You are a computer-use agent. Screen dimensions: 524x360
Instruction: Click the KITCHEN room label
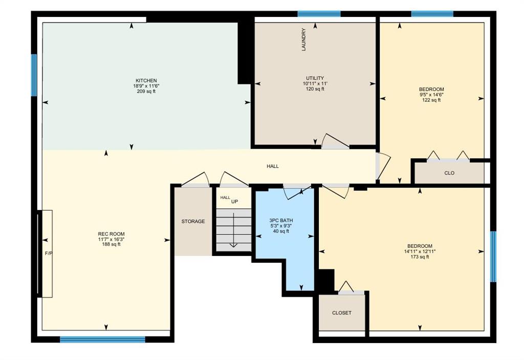click(146, 80)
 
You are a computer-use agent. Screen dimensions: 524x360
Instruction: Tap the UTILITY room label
click(315, 78)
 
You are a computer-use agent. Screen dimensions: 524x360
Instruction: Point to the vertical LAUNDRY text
click(304, 39)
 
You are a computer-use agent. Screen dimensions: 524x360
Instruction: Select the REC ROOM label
click(111, 234)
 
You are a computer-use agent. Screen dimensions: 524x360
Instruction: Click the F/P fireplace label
click(49, 253)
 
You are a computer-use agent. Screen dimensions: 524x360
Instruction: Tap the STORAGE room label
click(193, 222)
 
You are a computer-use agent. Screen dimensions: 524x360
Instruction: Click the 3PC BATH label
click(281, 221)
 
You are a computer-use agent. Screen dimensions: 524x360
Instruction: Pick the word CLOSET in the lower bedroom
click(342, 313)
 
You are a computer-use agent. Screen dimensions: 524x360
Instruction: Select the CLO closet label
click(449, 173)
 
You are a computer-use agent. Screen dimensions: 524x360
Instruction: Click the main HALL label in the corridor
click(273, 166)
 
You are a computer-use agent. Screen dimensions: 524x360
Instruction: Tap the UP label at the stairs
click(234, 202)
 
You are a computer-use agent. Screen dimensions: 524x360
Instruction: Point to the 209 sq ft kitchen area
click(146, 91)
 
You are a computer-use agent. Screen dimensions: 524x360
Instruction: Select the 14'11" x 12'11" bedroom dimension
click(420, 251)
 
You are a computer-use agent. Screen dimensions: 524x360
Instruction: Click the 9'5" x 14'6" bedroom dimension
click(431, 95)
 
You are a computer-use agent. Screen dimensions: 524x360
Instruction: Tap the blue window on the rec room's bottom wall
click(102, 339)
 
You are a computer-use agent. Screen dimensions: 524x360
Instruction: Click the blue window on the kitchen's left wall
click(34, 75)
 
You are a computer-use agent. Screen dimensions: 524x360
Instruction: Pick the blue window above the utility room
click(319, 14)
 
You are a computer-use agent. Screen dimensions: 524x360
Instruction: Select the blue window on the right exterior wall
click(493, 257)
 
